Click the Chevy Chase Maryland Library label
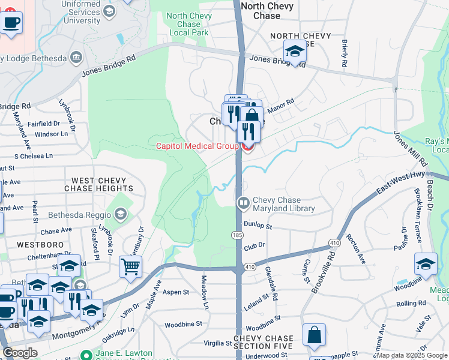pyautogui.click(x=283, y=204)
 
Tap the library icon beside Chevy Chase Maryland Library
pyautogui.click(x=243, y=203)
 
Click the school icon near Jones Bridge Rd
pyautogui.click(x=295, y=52)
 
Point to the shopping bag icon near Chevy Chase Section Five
pyautogui.click(x=315, y=337)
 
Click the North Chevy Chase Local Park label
pyautogui.click(x=188, y=24)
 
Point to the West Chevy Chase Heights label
pyautogui.click(x=102, y=184)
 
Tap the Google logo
pyautogui.click(x=20, y=352)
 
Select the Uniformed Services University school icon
pyautogui.click(x=109, y=11)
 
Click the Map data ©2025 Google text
pyautogui.click(x=412, y=355)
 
